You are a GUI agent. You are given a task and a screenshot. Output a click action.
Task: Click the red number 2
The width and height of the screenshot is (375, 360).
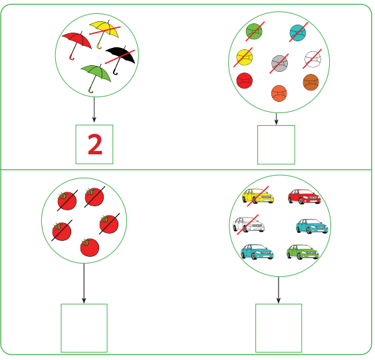click(x=95, y=144)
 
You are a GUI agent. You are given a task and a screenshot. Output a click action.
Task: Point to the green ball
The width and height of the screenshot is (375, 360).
click(x=254, y=31)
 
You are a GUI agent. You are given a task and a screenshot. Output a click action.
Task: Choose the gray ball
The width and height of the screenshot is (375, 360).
click(x=279, y=63)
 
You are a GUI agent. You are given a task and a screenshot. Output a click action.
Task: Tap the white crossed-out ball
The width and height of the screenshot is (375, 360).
click(x=312, y=59)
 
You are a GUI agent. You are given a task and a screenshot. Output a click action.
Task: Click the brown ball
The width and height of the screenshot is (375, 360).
click(x=311, y=83)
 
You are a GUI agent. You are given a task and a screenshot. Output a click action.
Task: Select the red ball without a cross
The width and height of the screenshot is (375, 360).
click(x=245, y=81)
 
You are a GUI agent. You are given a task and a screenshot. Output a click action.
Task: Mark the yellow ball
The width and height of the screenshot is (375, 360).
click(x=245, y=57)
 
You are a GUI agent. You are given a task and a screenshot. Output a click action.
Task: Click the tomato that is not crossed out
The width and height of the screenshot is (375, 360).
click(x=90, y=248)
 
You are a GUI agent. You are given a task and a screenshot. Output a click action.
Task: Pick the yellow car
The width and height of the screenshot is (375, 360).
click(x=258, y=196)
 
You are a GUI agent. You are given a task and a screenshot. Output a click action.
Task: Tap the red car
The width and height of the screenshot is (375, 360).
click(x=305, y=196)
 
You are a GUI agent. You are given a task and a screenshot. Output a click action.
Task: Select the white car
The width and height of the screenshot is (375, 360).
click(x=249, y=224)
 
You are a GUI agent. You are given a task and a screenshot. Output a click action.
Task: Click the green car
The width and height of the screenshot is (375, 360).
click(x=303, y=252)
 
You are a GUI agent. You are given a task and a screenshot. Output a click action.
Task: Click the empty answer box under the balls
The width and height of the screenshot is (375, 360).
click(x=276, y=145)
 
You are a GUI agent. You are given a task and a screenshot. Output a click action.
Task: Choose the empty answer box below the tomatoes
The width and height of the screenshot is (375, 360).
click(x=84, y=328)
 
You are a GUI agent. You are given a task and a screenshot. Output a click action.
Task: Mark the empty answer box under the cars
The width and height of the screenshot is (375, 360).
click(x=279, y=328)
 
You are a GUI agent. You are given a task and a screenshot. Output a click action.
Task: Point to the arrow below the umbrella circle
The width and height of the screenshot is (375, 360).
click(x=94, y=110)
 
